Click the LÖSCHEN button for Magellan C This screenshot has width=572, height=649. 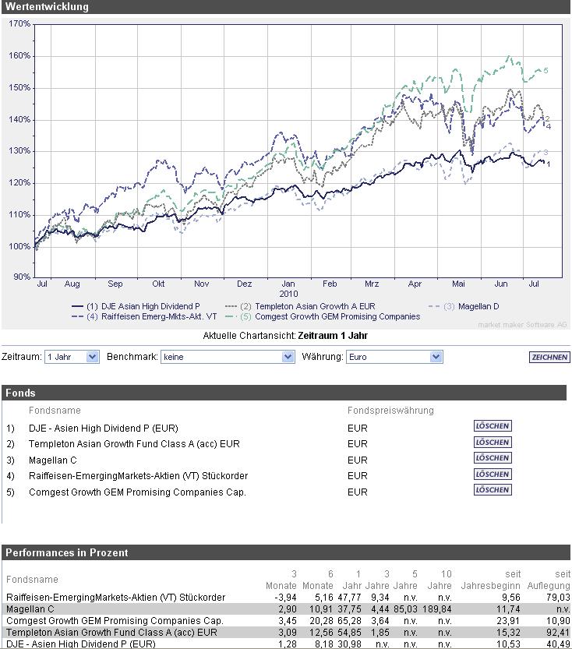pyautogui.click(x=493, y=458)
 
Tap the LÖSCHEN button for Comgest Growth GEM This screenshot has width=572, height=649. pyautogui.click(x=493, y=490)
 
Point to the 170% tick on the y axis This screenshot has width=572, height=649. pyautogui.click(x=19, y=24)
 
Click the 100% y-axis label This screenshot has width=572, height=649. pyautogui.click(x=19, y=246)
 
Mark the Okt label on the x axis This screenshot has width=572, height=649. pyautogui.click(x=158, y=284)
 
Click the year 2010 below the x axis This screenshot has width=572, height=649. pyautogui.click(x=289, y=295)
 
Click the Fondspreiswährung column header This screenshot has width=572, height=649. pyautogui.click(x=390, y=410)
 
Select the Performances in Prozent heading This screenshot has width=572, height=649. pyautogui.click(x=67, y=552)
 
